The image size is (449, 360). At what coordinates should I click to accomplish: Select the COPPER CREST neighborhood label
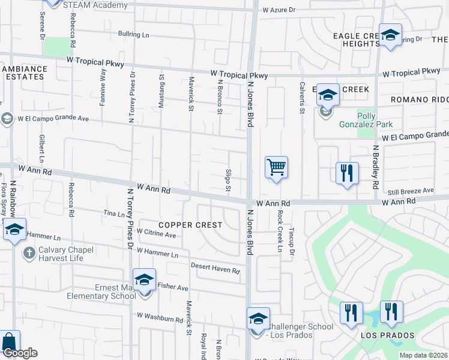[190, 225]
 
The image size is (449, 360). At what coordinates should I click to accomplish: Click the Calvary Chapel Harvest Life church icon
[28, 253]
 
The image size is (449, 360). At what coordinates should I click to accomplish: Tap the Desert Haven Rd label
[215, 268]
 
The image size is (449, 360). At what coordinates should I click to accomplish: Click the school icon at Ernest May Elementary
[144, 280]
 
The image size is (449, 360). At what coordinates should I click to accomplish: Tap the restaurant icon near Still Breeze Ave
[347, 173]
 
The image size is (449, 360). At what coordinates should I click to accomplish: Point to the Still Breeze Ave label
[411, 191]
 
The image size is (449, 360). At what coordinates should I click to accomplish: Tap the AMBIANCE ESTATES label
[23, 73]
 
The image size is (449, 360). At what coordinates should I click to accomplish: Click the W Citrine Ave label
[156, 233]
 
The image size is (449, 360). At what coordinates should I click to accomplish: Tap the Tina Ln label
[113, 214]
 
